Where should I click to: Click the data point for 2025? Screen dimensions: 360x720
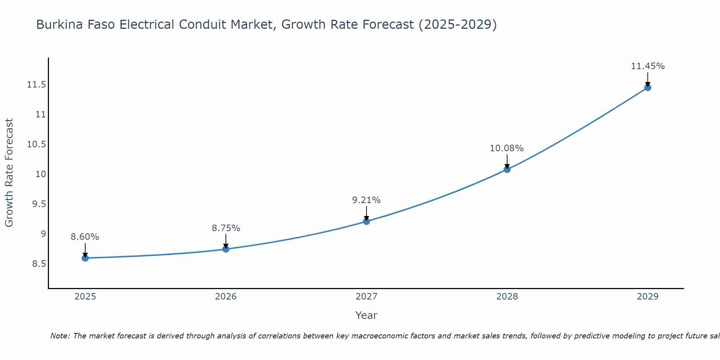pos(85,258)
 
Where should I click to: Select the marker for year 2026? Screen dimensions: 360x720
pos(226,249)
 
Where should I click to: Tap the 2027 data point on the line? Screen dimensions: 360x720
pos(366,221)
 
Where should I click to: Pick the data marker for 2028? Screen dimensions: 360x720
pos(507,169)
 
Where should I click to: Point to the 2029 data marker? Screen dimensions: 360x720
pos(648,87)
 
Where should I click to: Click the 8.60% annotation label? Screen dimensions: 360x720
pos(85,237)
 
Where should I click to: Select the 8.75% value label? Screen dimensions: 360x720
pos(226,228)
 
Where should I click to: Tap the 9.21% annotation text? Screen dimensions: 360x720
pos(366,200)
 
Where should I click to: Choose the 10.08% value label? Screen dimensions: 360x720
pos(507,148)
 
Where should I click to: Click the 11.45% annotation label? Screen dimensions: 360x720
pos(648,66)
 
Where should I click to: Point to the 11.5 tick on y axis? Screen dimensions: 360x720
pos(36,85)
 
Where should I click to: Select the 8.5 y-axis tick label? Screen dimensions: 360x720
pos(39,264)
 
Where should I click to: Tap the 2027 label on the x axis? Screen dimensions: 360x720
pos(366,297)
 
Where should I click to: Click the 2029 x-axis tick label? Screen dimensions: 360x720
pos(648,297)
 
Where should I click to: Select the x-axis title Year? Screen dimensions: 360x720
pos(366,315)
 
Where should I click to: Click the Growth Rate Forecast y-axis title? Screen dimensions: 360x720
pos(9,173)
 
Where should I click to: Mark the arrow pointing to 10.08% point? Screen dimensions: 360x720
pos(507,161)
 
